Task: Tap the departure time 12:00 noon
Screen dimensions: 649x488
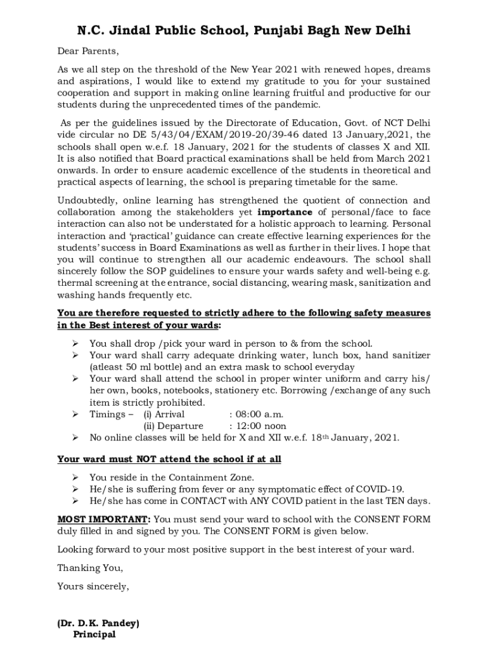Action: coord(257,426)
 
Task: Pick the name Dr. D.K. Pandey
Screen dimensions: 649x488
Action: coord(98,623)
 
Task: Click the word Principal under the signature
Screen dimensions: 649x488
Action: coord(94,634)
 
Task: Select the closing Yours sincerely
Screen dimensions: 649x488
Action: coord(93,586)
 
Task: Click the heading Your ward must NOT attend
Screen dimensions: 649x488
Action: coord(169,459)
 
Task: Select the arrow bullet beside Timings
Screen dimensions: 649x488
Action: coord(74,414)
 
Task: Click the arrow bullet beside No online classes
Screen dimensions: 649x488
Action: coord(74,437)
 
